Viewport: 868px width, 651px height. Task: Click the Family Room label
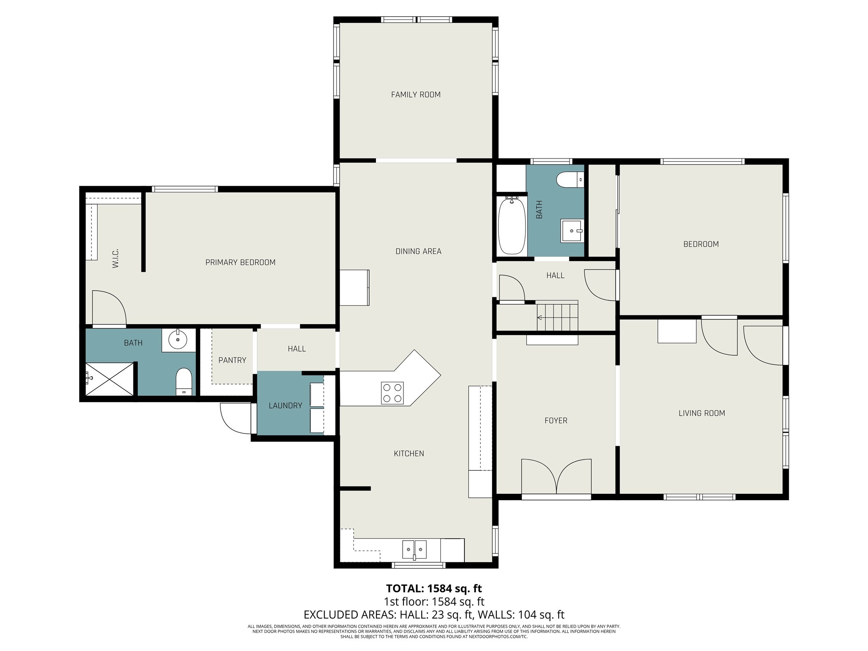(416, 95)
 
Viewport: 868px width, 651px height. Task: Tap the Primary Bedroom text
(240, 262)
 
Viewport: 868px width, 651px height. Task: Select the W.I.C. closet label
(115, 258)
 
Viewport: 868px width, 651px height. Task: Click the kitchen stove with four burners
(392, 393)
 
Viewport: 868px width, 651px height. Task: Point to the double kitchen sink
(415, 550)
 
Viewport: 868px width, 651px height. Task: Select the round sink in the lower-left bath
(178, 339)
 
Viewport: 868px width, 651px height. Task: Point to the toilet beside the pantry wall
(184, 381)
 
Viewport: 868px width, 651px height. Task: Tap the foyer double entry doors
(556, 477)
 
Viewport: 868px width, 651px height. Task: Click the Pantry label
(232, 360)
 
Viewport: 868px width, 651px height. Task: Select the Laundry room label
(285, 406)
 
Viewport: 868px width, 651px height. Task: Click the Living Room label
(701, 413)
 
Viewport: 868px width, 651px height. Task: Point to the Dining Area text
(418, 251)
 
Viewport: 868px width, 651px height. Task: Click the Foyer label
(556, 420)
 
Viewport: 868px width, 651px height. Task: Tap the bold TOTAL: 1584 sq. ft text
(434, 589)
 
